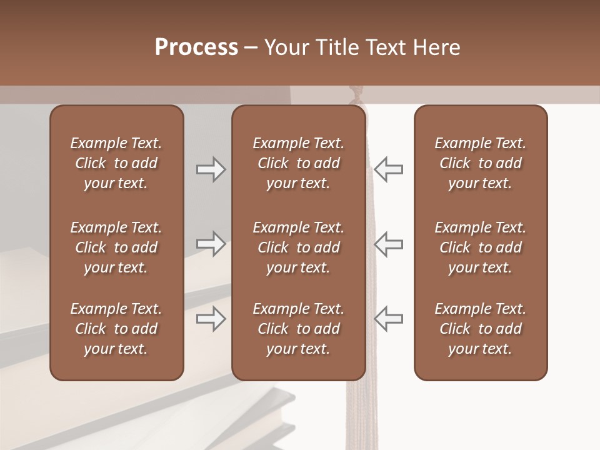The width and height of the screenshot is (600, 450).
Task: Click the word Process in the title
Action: (196, 47)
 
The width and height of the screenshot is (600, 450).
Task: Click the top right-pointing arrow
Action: (211, 169)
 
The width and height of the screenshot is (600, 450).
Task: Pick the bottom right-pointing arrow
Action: (211, 319)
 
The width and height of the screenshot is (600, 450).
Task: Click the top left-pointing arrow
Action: (389, 169)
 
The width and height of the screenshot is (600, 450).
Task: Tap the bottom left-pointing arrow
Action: (389, 319)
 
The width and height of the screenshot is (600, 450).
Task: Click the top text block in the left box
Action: (116, 163)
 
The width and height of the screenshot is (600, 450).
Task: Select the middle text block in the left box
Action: (116, 247)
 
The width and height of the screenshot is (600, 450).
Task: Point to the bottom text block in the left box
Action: (116, 329)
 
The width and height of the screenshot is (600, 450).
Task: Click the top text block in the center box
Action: (298, 163)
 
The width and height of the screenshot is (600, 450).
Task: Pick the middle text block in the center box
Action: (298, 247)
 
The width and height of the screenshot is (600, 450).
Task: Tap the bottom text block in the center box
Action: (298, 329)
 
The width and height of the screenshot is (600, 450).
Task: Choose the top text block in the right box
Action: (480, 163)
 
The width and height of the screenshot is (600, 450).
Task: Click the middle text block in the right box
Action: (480, 247)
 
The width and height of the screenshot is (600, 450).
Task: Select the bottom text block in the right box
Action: (480, 329)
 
